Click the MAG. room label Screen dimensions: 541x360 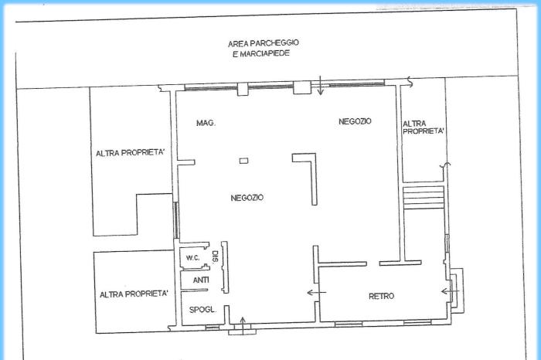click(x=206, y=123)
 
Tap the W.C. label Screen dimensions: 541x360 click(x=193, y=258)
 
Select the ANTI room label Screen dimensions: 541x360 click(x=201, y=280)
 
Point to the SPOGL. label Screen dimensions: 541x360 click(x=202, y=310)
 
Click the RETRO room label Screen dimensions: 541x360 click(x=381, y=296)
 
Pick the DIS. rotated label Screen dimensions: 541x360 click(x=216, y=256)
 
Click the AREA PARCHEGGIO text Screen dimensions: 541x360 click(x=264, y=43)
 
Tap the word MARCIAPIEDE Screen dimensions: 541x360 click(x=264, y=54)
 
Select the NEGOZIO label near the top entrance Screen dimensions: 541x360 click(x=355, y=121)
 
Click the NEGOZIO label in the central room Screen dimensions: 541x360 click(x=247, y=198)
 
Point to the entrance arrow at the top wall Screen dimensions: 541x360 click(x=321, y=86)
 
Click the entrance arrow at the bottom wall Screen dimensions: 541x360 click(x=243, y=326)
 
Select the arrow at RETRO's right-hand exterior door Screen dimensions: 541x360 click(x=451, y=292)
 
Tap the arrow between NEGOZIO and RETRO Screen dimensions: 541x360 click(x=316, y=293)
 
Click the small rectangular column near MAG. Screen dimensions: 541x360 click(x=244, y=161)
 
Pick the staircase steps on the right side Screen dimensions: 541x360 click(x=424, y=197)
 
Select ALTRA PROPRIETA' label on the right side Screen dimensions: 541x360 click(x=423, y=127)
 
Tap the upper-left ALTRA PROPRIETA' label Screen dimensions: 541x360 click(x=130, y=153)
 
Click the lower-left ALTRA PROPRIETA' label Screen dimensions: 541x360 click(x=134, y=294)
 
